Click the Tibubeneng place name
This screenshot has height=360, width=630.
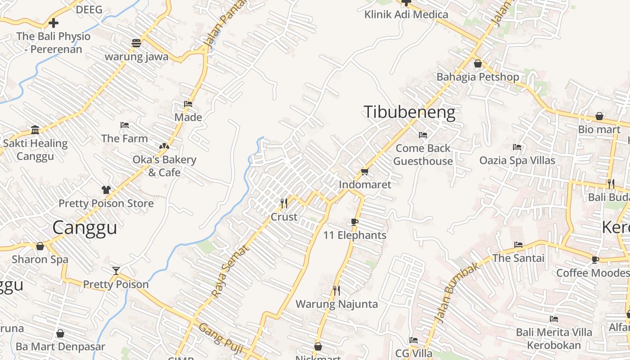point(409,112)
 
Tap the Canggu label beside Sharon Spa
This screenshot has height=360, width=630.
point(85,228)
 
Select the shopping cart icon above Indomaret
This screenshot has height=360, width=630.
point(364,171)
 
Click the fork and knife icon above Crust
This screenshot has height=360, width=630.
point(284,203)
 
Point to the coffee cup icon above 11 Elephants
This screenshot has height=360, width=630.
point(355,222)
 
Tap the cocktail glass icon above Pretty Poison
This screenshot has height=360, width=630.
point(116,270)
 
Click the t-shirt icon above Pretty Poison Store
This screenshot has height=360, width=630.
point(106,190)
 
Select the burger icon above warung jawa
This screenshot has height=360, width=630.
point(136,43)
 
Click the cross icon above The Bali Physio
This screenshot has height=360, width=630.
point(54,22)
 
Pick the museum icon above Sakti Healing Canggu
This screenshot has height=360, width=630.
point(35,130)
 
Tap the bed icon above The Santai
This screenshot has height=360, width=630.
point(518,245)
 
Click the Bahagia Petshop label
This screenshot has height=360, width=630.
point(477,77)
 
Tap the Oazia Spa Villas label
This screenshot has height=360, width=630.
point(517,160)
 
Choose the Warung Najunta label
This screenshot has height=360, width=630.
point(337,304)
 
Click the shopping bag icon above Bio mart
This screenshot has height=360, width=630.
point(599,116)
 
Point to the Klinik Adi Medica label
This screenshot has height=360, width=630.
point(406,14)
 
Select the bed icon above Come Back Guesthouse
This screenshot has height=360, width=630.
point(423,135)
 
